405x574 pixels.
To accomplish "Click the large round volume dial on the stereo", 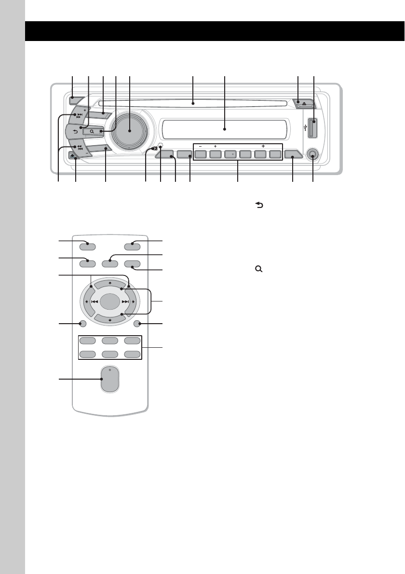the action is (130, 131).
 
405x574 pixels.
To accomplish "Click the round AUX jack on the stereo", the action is (313, 155).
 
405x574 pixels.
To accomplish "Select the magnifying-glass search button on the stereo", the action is (92, 131).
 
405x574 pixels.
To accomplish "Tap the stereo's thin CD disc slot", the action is (192, 103).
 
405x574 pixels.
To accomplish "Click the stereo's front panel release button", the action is (72, 156).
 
